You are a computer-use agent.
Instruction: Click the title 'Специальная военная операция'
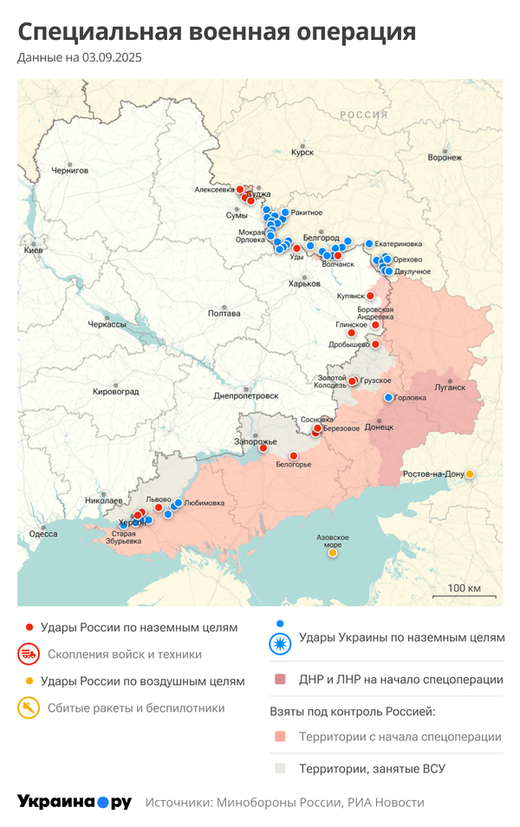pyautogui.click(x=217, y=32)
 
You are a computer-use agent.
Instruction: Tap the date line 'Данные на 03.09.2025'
pyautogui.click(x=80, y=58)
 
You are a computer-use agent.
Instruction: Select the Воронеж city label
pyautogui.click(x=445, y=158)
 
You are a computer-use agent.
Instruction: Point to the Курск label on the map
pyautogui.click(x=302, y=152)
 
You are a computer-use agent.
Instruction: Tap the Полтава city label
pyautogui.click(x=224, y=314)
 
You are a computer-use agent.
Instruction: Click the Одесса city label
pyautogui.click(x=42, y=534)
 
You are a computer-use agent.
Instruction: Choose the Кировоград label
pyautogui.click(x=115, y=392)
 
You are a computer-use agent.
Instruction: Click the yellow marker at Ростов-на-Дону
pyautogui.click(x=470, y=474)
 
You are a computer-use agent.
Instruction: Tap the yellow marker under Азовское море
pyautogui.click(x=333, y=553)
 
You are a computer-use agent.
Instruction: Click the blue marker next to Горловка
pyautogui.click(x=388, y=397)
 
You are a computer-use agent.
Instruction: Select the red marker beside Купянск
pyautogui.click(x=371, y=296)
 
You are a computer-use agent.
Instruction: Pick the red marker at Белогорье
pyautogui.click(x=293, y=455)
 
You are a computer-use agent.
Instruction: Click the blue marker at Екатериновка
pyautogui.click(x=368, y=244)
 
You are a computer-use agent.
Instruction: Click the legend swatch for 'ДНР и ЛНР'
pyautogui.click(x=280, y=680)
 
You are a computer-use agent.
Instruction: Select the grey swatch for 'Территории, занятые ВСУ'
pyautogui.click(x=280, y=768)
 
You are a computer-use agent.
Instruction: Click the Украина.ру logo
pyautogui.click(x=74, y=803)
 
